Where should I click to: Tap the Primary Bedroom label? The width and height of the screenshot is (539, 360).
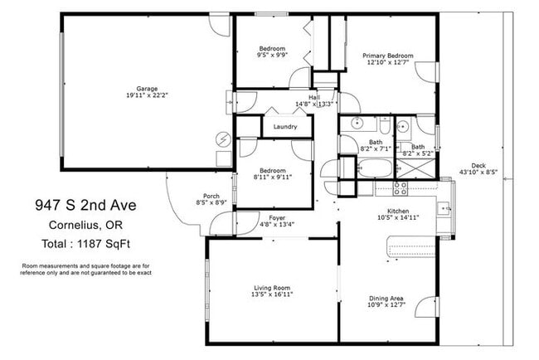pos(387,56)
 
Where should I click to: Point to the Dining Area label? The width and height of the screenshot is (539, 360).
pos(386,299)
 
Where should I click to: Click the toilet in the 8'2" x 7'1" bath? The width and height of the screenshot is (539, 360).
pos(385,124)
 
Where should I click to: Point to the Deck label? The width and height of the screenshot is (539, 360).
pos(478,163)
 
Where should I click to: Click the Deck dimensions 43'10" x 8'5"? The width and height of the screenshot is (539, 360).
pos(478,173)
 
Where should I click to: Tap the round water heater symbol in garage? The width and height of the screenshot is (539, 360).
pos(222,139)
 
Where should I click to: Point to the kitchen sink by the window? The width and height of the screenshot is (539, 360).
pos(444,207)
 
